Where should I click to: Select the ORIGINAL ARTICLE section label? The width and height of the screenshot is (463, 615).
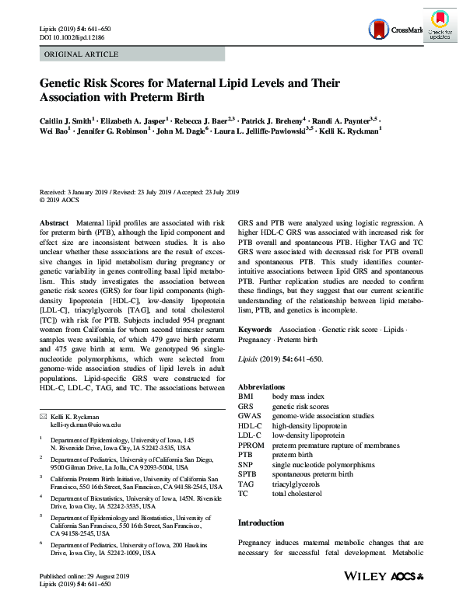[x=82, y=54]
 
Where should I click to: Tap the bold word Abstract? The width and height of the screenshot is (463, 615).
[x=54, y=222]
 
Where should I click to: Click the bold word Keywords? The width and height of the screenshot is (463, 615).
[x=254, y=330]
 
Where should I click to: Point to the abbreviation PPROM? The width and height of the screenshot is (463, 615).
[x=251, y=446]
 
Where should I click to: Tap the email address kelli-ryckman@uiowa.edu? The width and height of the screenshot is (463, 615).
[x=86, y=425]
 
